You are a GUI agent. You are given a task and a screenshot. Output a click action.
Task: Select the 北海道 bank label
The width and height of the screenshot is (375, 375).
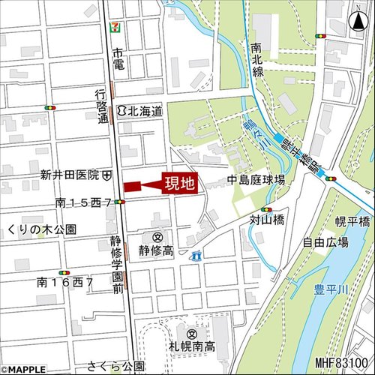pos(145,110)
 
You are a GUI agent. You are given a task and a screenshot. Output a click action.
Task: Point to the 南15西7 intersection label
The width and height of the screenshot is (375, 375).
pos(83,202)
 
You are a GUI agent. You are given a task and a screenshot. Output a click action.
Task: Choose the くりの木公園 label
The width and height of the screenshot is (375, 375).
pos(40,228)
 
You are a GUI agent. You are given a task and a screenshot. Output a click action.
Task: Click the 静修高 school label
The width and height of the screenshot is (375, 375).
pos(156,250)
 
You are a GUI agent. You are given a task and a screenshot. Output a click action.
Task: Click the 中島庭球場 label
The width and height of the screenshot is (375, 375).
pos(256,180)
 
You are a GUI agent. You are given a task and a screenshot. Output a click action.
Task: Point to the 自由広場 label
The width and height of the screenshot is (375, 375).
pos(325,242)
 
